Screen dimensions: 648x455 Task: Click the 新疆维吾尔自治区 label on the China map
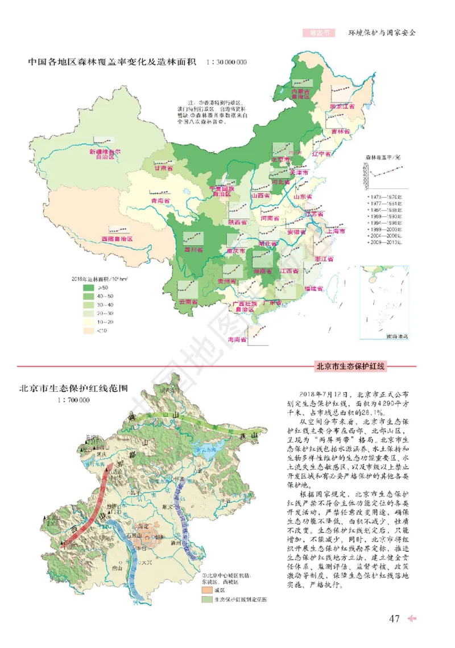click(x=105, y=155)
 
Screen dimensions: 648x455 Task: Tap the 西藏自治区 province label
click(x=117, y=239)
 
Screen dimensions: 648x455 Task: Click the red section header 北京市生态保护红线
click(x=350, y=367)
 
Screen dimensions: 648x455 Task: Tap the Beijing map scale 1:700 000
click(x=73, y=401)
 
